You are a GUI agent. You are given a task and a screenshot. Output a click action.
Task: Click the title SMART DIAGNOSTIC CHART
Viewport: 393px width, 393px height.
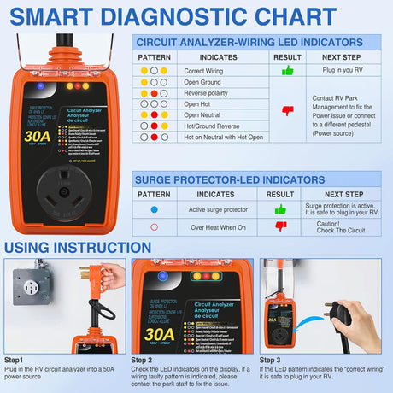(196, 16)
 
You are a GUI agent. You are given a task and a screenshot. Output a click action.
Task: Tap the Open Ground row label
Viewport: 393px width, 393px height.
(202, 82)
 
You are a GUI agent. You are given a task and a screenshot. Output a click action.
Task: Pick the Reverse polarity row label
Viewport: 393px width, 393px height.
(207, 93)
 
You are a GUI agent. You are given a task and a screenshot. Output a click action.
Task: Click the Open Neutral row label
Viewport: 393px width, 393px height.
(203, 114)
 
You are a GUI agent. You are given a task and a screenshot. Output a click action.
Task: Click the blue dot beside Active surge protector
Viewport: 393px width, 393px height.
(154, 209)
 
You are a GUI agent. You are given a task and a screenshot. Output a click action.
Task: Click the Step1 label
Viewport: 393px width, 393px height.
(15, 361)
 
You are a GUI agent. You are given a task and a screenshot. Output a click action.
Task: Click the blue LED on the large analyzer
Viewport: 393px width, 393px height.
(40, 86)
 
